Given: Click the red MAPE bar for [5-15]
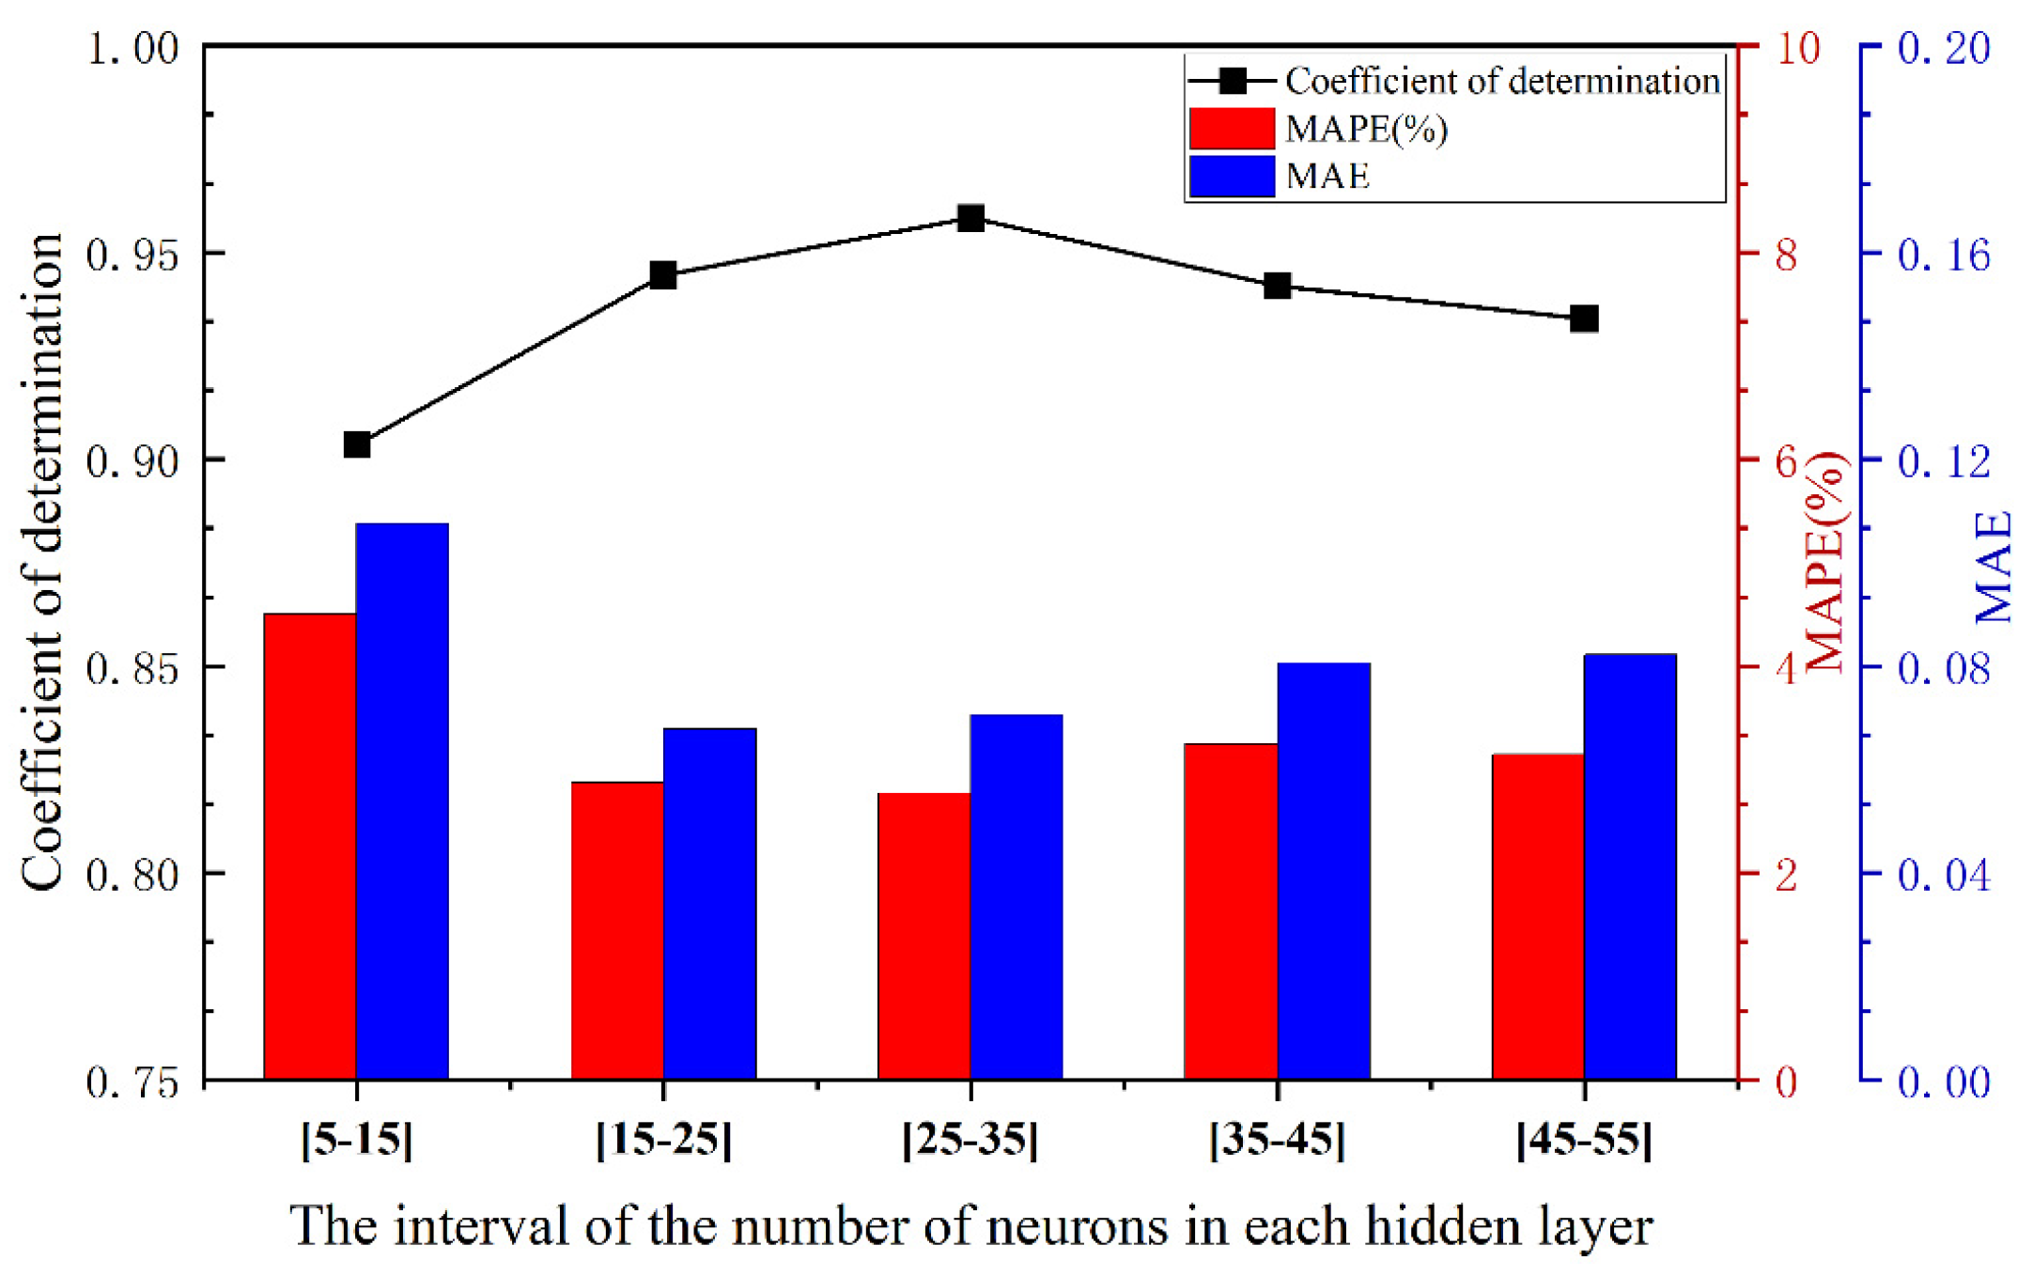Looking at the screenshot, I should point(309,846).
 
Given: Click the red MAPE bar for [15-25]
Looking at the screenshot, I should point(617,930).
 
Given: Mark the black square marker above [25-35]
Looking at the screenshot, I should point(970,219).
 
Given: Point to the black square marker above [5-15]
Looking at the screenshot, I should point(357,444).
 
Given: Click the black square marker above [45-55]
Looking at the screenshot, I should point(1585,319).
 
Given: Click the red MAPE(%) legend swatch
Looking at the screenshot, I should point(1232,129).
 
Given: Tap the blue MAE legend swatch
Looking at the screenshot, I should point(1232,176).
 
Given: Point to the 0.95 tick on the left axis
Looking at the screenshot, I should point(132,255).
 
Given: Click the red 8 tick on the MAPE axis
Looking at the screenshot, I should point(1786,255).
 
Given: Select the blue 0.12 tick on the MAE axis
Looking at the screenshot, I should point(1943,461).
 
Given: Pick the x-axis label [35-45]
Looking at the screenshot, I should point(1277,1140).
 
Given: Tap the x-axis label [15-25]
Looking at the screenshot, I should point(663,1140).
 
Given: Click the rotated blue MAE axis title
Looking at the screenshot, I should point(1994,567).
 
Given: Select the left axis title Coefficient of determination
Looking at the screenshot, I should point(42,562).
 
